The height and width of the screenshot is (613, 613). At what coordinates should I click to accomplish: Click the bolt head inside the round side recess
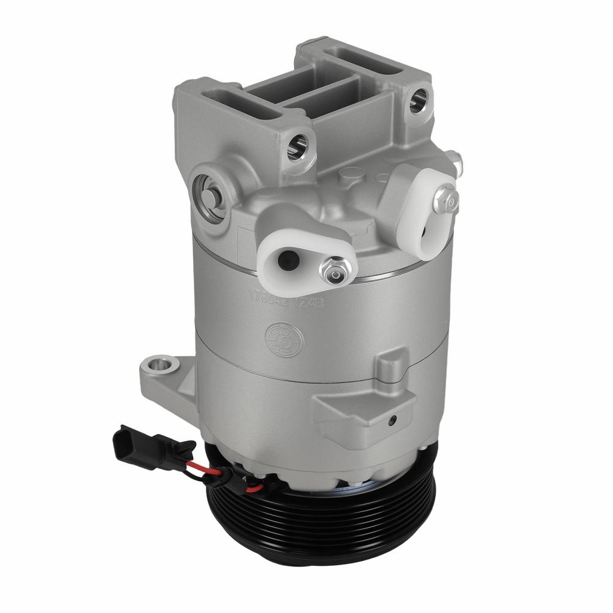(x=209, y=195)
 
